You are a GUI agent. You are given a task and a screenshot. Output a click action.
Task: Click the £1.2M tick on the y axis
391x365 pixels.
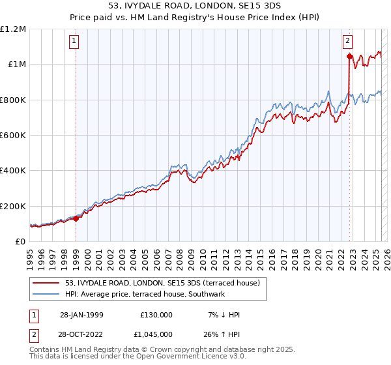[13, 29]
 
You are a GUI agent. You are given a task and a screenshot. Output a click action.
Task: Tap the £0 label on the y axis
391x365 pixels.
[21, 242]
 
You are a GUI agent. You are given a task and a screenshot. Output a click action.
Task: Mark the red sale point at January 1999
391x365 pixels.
[76, 218]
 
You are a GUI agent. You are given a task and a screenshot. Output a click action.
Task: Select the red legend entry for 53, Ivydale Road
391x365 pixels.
[162, 283]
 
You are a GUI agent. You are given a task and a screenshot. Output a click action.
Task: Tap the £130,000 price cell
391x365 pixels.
[156, 315]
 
